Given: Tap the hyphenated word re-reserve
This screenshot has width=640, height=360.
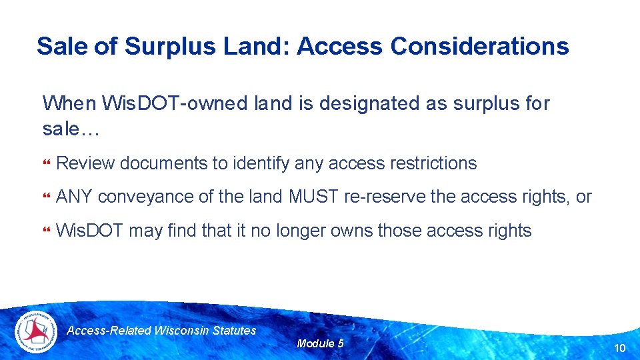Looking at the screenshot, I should pyautogui.click(x=385, y=197).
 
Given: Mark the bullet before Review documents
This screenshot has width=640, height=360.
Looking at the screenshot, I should pyautogui.click(x=46, y=164).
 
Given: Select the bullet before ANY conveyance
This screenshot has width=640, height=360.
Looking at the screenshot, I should pyautogui.click(x=46, y=198).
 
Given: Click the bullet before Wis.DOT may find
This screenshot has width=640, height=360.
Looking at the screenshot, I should pyautogui.click(x=46, y=232).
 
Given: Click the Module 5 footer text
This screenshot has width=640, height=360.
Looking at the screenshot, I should pyautogui.click(x=320, y=344).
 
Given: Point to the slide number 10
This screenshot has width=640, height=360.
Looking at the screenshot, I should pyautogui.click(x=619, y=347).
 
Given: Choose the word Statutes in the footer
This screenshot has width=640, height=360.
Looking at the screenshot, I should pyautogui.click(x=233, y=331).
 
